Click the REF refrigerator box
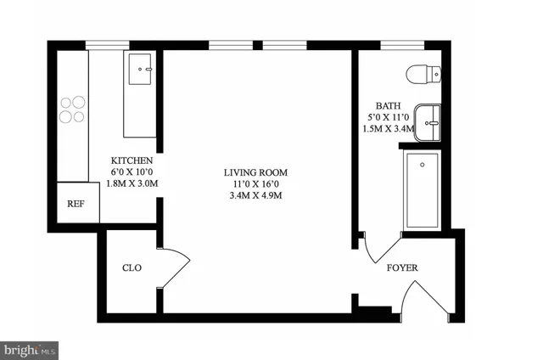[75, 204]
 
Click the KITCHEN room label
[132, 160]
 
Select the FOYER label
[402, 268]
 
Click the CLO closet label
[132, 268]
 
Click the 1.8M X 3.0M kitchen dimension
[132, 183]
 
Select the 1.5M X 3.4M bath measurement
[387, 129]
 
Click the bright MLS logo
[30, 349]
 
